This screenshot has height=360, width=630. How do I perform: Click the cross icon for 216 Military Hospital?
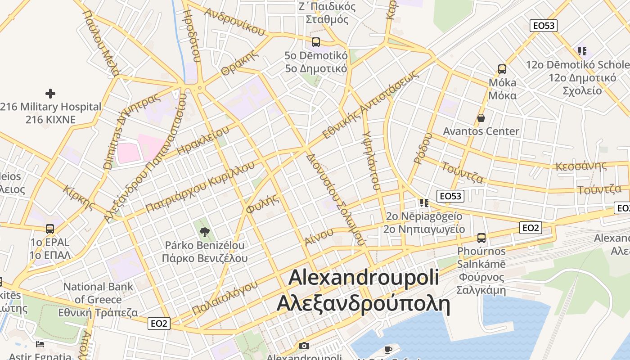tap(50, 94)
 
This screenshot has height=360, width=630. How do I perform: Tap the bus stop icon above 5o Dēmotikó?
tap(316, 42)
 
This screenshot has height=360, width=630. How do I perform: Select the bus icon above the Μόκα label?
tap(502, 69)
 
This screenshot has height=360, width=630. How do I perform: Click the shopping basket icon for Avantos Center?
tap(481, 118)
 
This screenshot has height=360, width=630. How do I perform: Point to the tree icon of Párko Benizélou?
tap(205, 232)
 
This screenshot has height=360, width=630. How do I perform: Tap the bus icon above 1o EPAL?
tap(50, 229)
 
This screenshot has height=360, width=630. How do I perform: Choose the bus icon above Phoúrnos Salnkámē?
tap(481, 238)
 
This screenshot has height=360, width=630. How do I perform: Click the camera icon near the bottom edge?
tap(304, 346)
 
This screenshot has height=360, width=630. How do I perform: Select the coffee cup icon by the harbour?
tap(388, 349)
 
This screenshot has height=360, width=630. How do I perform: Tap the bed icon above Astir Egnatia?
tap(40, 344)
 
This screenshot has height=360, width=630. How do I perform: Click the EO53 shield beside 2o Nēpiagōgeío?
tap(450, 196)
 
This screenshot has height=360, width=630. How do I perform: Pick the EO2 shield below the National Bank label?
tap(159, 323)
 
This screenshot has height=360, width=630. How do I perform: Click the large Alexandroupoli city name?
tap(364, 277)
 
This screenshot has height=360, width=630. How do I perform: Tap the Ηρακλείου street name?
tap(203, 140)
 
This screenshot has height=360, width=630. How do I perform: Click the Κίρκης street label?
tap(80, 198)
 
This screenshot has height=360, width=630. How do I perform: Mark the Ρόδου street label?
tap(423, 148)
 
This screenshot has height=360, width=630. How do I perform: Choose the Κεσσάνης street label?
tap(581, 165)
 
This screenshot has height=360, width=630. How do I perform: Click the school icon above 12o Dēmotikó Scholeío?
tap(582, 51)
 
